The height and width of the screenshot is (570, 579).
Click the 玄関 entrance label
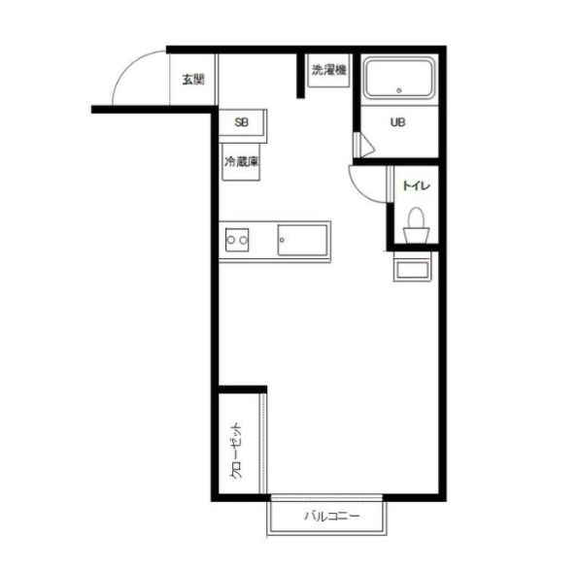click(x=193, y=80)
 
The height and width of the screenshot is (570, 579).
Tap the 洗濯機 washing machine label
click(x=328, y=70)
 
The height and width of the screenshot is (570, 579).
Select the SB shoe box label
click(x=242, y=122)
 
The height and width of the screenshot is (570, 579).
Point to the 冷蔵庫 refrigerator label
click(x=241, y=161)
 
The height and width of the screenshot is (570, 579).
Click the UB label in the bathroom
click(x=397, y=122)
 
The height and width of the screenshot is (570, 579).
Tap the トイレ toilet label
click(x=416, y=185)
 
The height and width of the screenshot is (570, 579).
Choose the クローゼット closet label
click(x=236, y=450)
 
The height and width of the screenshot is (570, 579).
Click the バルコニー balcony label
click(x=331, y=516)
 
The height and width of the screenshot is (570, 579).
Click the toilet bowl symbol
click(x=416, y=225)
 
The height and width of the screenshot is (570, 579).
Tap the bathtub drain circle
click(x=399, y=90)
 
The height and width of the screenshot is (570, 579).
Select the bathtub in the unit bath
click(x=399, y=78)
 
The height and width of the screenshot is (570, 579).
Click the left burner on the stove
click(x=231, y=240)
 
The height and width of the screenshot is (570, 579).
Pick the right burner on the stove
click(x=243, y=240)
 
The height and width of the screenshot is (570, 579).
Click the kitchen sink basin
click(x=302, y=240)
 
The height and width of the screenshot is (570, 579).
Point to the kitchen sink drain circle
click(x=282, y=240)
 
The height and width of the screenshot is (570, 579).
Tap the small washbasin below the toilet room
click(x=412, y=270)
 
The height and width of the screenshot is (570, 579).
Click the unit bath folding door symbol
click(x=364, y=146)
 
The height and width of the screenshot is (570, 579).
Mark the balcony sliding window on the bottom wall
click(x=326, y=497)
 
